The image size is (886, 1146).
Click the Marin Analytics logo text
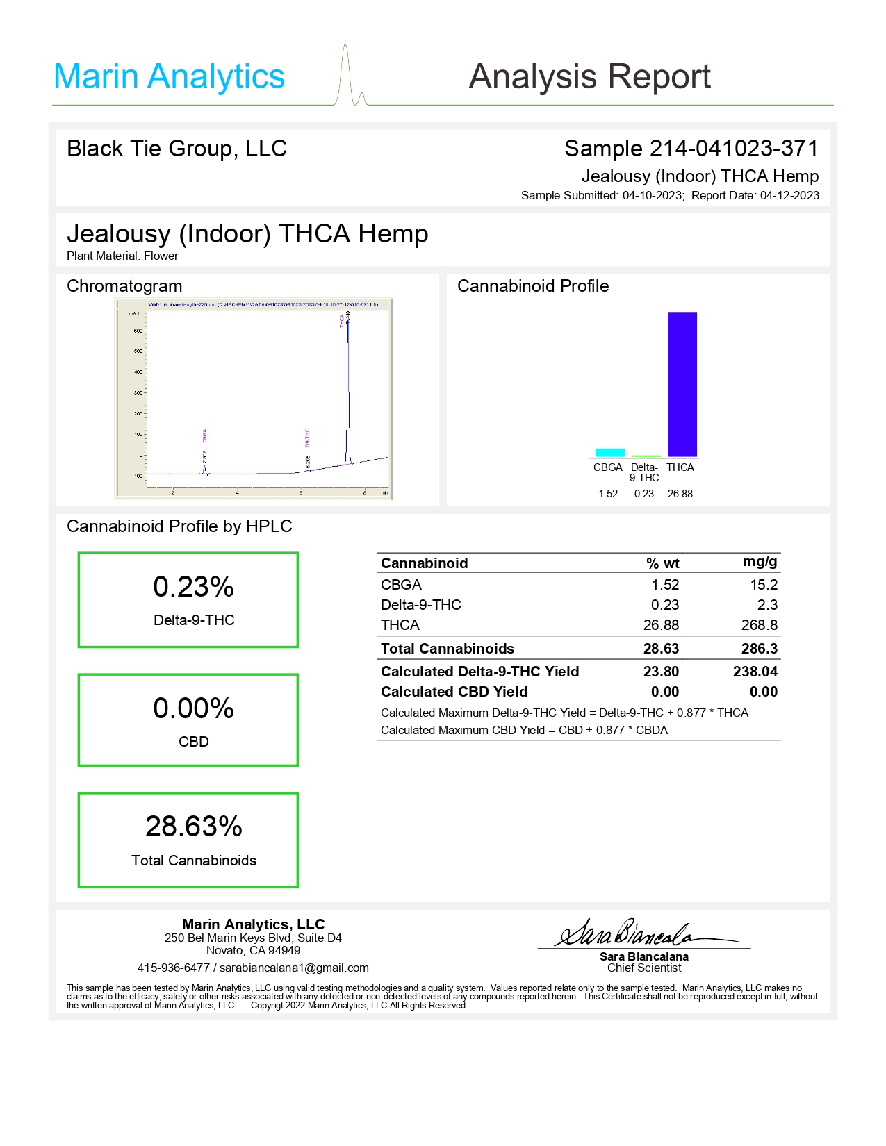click(x=169, y=76)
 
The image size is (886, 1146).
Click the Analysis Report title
click(x=589, y=76)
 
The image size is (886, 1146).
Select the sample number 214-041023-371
click(x=734, y=148)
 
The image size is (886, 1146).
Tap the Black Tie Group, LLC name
click(x=177, y=148)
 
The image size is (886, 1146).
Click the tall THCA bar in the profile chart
click(x=682, y=384)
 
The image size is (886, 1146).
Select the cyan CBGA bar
click(x=609, y=452)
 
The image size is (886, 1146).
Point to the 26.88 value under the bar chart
click(x=680, y=494)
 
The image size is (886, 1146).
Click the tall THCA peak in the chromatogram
click(x=348, y=389)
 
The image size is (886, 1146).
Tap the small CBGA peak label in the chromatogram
click(x=205, y=435)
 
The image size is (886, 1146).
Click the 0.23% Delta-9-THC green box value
click(x=193, y=587)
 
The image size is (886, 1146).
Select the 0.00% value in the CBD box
click(x=193, y=708)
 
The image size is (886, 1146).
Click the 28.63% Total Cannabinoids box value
click(x=193, y=827)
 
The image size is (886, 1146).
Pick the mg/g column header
click(x=760, y=561)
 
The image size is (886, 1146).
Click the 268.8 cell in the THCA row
click(x=759, y=625)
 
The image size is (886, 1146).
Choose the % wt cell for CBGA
click(x=665, y=585)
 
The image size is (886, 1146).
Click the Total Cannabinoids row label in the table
click(x=447, y=649)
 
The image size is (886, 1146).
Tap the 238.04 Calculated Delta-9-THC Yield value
click(x=755, y=672)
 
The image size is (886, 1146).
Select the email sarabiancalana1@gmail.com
click(x=294, y=968)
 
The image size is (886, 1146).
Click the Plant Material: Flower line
click(x=122, y=256)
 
